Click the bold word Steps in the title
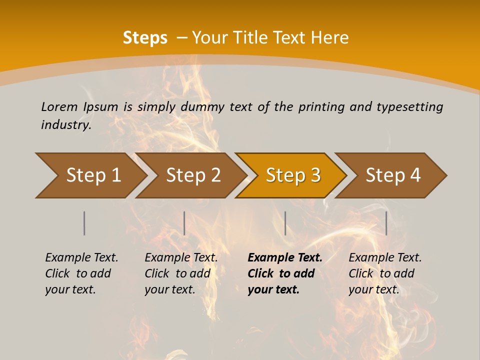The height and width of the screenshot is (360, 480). (x=145, y=38)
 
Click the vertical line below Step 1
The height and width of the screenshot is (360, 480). (x=84, y=223)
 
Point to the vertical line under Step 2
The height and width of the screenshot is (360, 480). (x=184, y=223)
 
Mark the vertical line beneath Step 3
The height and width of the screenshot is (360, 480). (x=285, y=223)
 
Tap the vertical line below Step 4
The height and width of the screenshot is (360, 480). (x=386, y=223)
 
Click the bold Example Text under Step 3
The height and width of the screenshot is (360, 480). (x=285, y=258)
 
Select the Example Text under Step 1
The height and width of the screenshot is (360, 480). (x=81, y=258)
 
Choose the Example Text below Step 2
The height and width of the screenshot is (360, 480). (x=181, y=258)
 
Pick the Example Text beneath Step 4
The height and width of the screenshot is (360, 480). (x=385, y=258)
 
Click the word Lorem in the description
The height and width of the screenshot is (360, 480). (x=59, y=107)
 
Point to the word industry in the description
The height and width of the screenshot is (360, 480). (x=66, y=125)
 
